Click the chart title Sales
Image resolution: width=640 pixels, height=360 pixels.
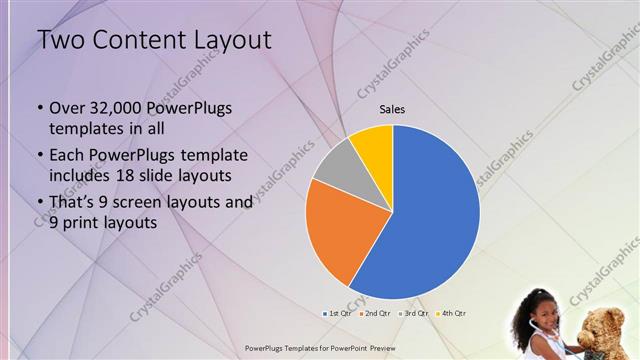[392, 109]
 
